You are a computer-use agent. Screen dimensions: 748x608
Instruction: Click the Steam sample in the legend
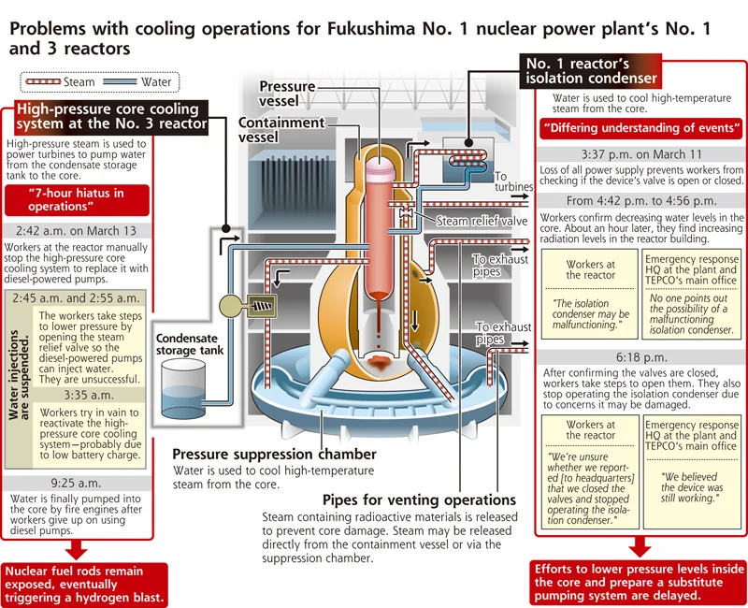pos(43,81)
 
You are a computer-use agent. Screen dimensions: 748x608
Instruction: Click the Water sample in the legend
pos(120,81)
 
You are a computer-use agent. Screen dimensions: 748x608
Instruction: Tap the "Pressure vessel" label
pos(287,94)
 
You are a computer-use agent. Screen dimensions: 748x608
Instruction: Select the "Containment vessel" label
pos(281,129)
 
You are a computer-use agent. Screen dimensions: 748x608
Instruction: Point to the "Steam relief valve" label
pos(482,221)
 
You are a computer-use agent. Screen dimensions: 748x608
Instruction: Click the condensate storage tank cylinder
pos(183,389)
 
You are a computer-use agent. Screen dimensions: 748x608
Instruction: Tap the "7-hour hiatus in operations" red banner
pos(77,200)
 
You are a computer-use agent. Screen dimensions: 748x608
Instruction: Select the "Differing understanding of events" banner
pos(641,128)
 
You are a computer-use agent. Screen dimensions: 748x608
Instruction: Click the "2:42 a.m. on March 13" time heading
pos(76,231)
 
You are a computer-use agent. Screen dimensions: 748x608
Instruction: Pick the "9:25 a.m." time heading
pos(76,483)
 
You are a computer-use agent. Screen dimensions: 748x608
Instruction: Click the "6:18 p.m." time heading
pos(641,357)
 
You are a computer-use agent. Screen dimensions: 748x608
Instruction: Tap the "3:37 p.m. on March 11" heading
pos(641,154)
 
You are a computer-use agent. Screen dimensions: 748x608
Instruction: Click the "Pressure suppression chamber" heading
pos(274,454)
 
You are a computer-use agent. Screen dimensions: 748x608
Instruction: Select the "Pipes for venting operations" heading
pos(419,499)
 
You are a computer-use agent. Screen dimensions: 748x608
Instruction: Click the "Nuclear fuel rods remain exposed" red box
pos(86,585)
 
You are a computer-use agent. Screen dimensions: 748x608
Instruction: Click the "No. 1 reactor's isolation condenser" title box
pos(591,71)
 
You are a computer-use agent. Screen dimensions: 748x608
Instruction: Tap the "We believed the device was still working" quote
pos(691,487)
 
